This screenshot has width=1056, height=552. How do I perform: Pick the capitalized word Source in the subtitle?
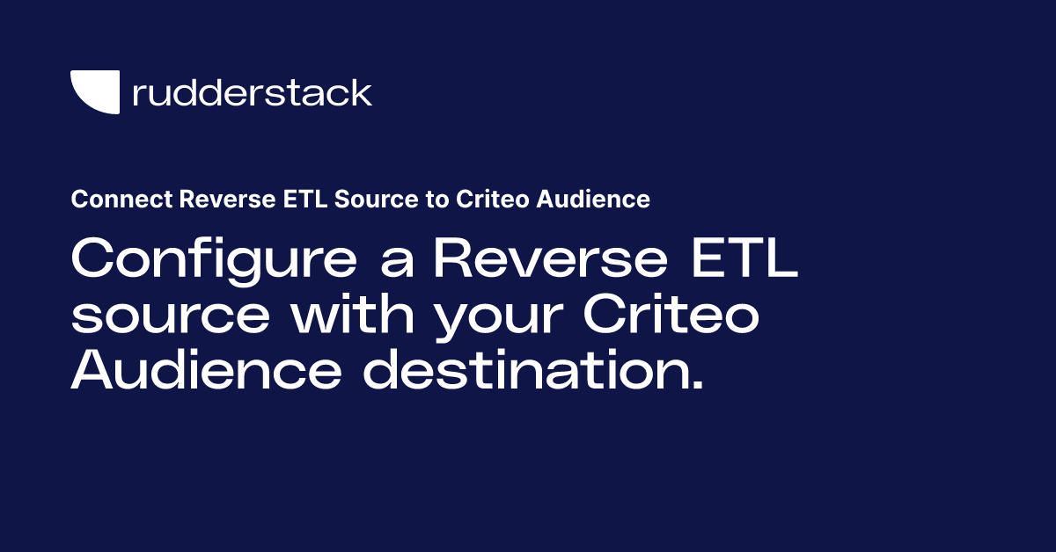tap(351, 200)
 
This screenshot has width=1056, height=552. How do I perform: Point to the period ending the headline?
tap(698, 387)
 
